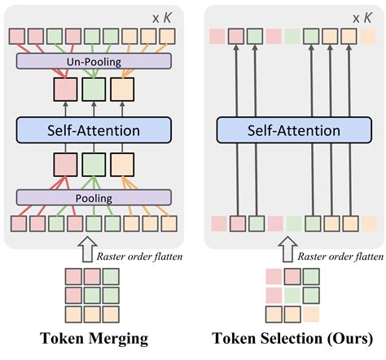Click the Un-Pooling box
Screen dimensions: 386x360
94,61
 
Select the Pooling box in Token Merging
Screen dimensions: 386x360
94,197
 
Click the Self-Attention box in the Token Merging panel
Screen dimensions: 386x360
94,130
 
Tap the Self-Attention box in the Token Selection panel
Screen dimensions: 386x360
294,130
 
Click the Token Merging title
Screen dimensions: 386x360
94,339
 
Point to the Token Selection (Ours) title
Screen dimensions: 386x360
292,339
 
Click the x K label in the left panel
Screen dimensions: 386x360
162,18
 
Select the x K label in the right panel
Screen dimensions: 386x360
362,18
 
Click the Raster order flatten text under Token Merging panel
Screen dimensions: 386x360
139,257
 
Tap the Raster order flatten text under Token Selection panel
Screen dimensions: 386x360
340,257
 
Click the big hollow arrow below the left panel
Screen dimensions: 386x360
87,249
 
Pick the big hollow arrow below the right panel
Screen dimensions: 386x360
287,249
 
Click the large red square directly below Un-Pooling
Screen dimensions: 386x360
65,90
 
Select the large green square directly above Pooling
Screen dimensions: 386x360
94,165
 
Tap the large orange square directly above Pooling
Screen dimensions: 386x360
122,165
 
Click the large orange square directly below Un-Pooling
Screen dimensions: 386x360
122,90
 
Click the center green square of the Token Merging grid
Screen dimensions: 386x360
92,296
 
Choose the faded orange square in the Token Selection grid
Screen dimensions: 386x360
311,314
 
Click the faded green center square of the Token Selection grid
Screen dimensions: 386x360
292,296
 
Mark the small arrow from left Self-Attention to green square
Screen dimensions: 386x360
94,109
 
